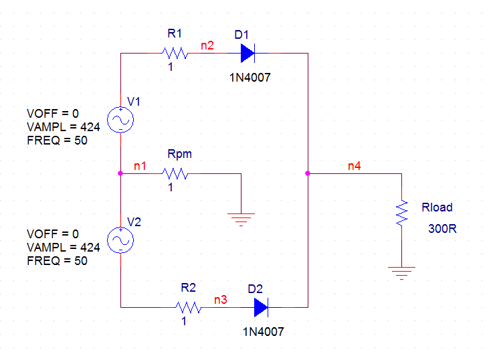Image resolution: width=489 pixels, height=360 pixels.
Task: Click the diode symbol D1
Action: coord(248,53)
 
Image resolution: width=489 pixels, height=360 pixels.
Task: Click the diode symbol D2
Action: coord(261,307)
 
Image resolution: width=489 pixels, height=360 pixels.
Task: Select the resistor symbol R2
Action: coord(189,307)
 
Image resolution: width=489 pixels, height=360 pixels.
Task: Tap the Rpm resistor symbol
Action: coord(175,173)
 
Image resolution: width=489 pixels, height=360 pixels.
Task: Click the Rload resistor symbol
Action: coord(401,213)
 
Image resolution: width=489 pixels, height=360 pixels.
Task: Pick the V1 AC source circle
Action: coord(120,120)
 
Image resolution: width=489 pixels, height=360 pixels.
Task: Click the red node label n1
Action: coord(140,166)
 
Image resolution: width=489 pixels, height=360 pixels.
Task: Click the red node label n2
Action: coord(207,46)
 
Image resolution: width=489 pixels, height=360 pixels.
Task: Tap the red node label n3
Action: coord(221,300)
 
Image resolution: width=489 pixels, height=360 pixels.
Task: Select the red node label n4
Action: coord(355,166)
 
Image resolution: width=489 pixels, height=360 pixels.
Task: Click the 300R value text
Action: coord(442,229)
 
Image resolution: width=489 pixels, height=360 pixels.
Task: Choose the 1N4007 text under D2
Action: coord(263,332)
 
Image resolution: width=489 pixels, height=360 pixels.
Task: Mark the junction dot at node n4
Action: coord(308,173)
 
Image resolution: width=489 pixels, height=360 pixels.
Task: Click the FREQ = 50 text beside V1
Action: coord(57,141)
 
